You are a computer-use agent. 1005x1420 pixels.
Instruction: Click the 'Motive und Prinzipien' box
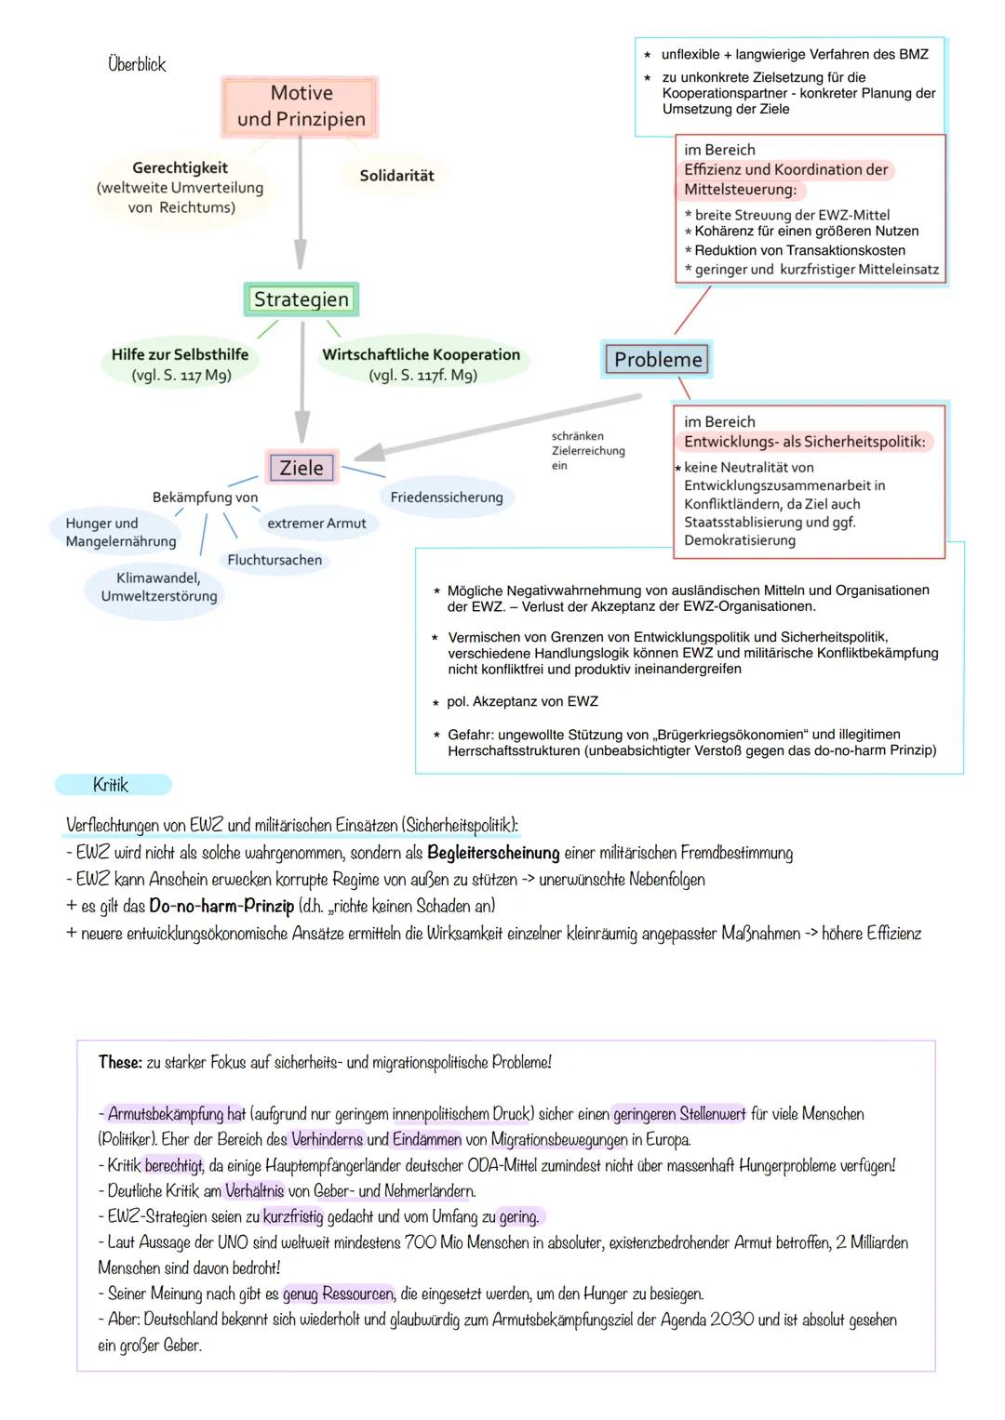pos(301,106)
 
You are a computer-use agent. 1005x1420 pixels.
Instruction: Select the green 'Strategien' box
pos(301,299)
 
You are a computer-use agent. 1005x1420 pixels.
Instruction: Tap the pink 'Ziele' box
pos(301,468)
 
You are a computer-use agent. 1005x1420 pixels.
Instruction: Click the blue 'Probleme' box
pos(657,359)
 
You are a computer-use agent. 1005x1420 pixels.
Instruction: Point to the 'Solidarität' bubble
pos(396,175)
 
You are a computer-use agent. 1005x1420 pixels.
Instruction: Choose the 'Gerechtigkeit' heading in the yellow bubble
pos(180,167)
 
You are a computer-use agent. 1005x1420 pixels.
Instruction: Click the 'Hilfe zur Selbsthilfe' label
pos(180,354)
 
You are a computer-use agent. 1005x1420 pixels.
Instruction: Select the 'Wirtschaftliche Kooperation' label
pos(421,354)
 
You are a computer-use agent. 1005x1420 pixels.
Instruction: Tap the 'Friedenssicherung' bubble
pos(447,498)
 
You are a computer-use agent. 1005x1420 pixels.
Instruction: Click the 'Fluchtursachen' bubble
pos(275,560)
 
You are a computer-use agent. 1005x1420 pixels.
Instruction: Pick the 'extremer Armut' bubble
pos(316,524)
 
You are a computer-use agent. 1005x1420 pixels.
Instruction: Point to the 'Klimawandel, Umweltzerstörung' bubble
pos(159,587)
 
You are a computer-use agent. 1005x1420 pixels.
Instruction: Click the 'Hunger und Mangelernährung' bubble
pos(120,532)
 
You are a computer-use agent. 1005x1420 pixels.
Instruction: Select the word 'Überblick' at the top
pos(137,64)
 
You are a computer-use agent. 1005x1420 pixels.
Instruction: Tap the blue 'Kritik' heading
pos(112,785)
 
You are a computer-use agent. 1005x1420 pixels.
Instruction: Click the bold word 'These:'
pos(120,1062)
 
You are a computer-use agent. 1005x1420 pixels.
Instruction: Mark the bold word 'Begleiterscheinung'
pos(493,853)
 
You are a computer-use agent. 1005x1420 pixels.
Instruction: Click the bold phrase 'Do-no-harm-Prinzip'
pos(221,906)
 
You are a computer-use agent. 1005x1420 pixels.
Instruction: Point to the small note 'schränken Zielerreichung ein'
pos(587,451)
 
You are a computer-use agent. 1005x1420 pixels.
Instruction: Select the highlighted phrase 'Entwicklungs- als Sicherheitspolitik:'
pos(804,442)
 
